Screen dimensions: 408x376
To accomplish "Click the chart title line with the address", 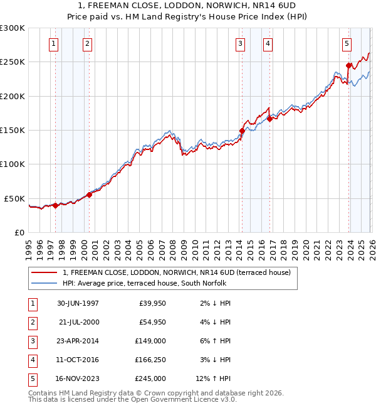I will tap(188, 6).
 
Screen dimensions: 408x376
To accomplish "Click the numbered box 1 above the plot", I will tap(54, 43).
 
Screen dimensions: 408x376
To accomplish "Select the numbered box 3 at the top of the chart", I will tap(241, 43).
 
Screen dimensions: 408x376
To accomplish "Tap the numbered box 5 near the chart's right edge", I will tap(347, 43).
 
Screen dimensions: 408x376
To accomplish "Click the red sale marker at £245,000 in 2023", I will tap(348, 65).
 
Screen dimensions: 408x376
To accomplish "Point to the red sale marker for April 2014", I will tap(242, 131).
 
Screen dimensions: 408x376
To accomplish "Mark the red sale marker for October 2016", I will tap(269, 119).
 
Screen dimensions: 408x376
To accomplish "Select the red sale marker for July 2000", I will tap(89, 195).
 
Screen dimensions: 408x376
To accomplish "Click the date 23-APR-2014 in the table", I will tap(78, 341).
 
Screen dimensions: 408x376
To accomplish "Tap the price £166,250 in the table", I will tap(150, 360).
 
